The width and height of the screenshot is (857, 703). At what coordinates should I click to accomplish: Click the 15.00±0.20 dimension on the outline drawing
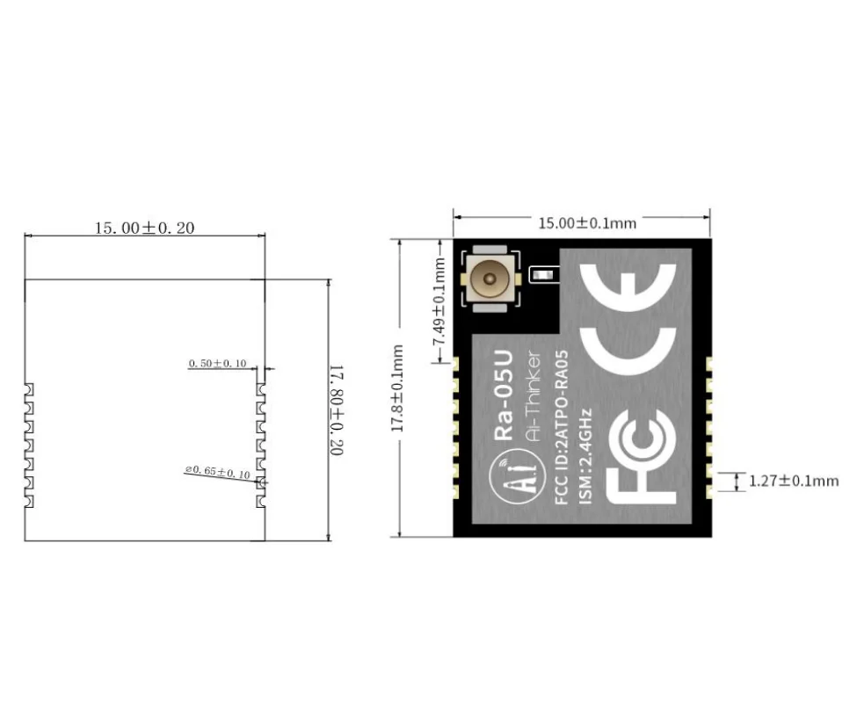coord(144,228)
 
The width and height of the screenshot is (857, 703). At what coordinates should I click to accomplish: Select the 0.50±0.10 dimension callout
coord(218,363)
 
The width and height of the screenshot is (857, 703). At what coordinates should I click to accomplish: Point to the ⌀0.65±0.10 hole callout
coord(217,473)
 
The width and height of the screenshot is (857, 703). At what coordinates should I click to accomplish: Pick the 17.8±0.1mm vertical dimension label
coord(396,388)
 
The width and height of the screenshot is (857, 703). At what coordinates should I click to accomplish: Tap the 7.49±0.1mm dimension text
coord(439,302)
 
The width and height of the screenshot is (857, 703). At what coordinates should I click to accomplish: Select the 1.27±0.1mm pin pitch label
coord(794,481)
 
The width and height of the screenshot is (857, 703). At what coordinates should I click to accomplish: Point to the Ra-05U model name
coord(505,405)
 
